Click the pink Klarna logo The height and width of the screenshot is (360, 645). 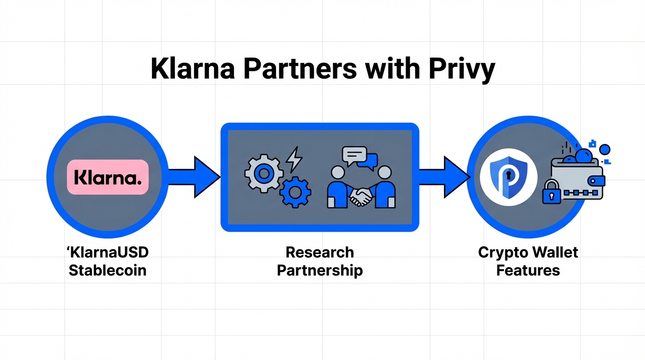(x=108, y=177)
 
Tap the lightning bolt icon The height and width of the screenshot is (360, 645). (x=294, y=159)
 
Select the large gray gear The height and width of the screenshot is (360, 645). (x=263, y=173)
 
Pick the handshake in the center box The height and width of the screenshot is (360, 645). (x=360, y=196)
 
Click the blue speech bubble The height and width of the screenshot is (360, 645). (x=367, y=161)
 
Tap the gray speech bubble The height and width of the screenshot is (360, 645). (x=354, y=154)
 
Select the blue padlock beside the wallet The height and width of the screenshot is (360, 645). (x=552, y=192)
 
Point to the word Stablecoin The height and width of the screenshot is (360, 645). (x=108, y=270)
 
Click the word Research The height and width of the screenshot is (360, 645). (x=320, y=252)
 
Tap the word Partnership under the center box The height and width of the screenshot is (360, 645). (x=320, y=270)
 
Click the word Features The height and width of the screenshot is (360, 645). (x=528, y=270)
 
